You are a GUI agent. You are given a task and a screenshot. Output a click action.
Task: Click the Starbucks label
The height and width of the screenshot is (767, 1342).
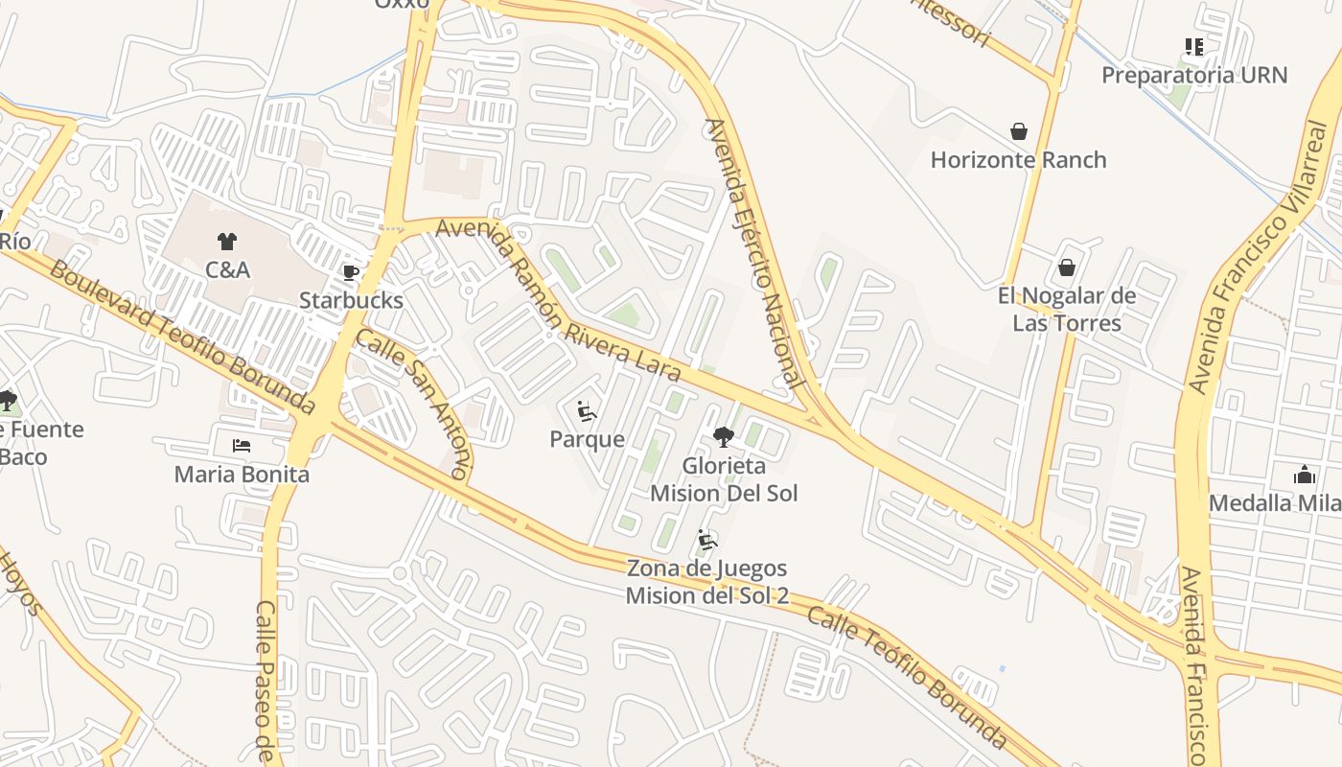(x=351, y=300)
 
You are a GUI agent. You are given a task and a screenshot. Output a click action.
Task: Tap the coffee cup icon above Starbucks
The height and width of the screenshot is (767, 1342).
(x=351, y=272)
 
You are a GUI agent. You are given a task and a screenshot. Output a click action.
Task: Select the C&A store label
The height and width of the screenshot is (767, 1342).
(x=227, y=269)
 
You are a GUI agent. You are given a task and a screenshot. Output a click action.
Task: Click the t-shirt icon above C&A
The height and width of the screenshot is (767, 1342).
(x=227, y=241)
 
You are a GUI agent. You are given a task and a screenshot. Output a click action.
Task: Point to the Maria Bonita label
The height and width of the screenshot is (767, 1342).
(x=242, y=474)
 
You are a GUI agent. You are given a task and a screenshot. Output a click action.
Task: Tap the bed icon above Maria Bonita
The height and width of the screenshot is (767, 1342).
(x=242, y=446)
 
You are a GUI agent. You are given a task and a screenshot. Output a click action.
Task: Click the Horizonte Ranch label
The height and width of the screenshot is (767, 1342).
(x=1018, y=159)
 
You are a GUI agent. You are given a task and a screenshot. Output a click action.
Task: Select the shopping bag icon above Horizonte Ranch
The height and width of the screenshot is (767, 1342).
(x=1018, y=130)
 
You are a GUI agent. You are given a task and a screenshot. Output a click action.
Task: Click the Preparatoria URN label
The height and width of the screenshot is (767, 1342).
(x=1193, y=75)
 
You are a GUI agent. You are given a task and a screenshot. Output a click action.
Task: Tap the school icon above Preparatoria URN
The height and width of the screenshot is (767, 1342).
(x=1193, y=46)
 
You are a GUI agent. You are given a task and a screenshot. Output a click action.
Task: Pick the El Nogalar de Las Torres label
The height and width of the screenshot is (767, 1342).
(x=1067, y=309)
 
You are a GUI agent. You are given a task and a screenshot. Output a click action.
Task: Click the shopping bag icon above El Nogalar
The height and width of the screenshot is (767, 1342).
(x=1067, y=267)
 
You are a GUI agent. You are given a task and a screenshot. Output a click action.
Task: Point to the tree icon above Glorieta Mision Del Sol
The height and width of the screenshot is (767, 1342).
(x=724, y=437)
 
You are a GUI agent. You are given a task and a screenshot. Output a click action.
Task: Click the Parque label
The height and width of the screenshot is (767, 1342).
(x=587, y=439)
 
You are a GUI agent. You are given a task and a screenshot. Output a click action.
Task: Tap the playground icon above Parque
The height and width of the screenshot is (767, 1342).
(x=587, y=411)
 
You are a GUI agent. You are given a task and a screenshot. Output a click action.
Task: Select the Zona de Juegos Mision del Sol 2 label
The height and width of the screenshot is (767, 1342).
(x=707, y=582)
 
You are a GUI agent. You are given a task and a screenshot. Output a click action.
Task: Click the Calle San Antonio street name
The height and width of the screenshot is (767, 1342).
(x=415, y=403)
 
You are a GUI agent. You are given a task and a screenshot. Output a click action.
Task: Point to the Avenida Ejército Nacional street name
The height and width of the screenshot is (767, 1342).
(x=754, y=253)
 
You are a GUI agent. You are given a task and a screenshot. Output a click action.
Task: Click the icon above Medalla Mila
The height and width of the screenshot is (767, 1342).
(x=1304, y=475)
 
